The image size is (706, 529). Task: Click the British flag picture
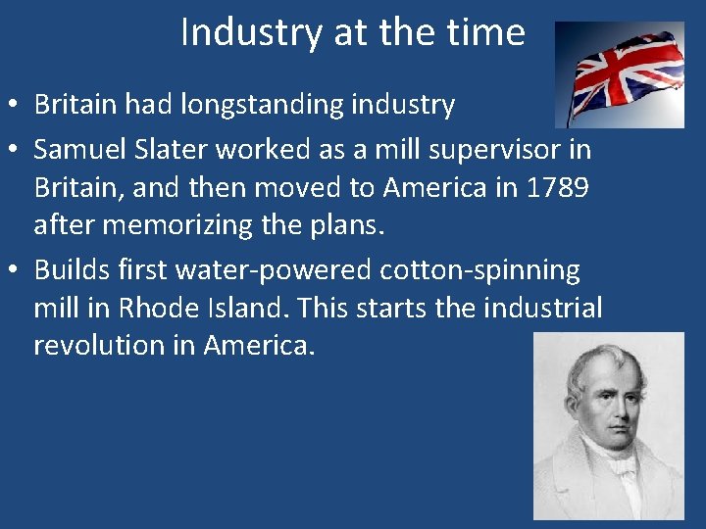pos(620,75)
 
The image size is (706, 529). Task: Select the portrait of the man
pos(609,425)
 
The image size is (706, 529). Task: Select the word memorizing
pos(177,226)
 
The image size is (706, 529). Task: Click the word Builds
pos(72,269)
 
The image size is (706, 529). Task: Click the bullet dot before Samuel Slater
pos(16,151)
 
